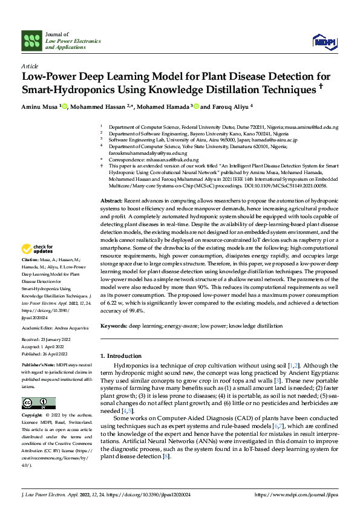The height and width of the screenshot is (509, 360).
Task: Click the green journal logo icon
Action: click(32, 41)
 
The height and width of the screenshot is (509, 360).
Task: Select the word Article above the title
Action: click(29, 65)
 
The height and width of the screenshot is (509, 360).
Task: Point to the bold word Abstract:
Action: click(111, 200)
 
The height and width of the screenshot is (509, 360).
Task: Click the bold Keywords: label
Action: click(113, 326)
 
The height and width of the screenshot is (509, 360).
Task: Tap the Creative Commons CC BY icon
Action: click(38, 403)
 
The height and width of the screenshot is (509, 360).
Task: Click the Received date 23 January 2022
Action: click(56, 340)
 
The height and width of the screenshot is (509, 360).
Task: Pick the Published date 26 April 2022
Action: click(57, 352)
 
